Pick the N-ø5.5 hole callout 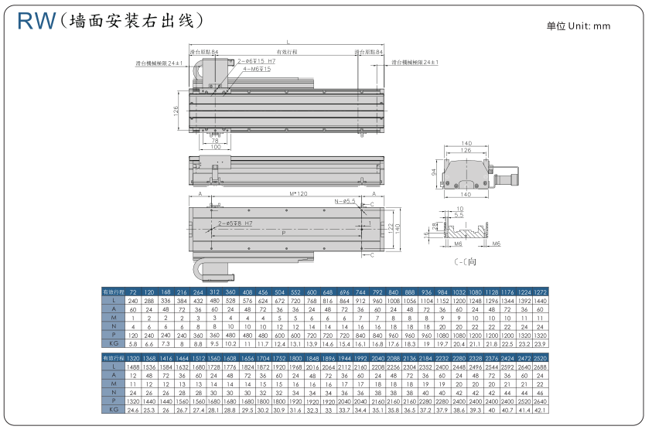coord(345,201)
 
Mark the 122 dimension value coord(391,227)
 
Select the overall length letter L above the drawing coord(288,41)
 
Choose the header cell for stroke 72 coord(132,292)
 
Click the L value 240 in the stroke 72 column coord(132,299)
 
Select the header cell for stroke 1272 coord(541,292)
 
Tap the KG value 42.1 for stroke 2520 coord(541,410)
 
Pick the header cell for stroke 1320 coord(132,360)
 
